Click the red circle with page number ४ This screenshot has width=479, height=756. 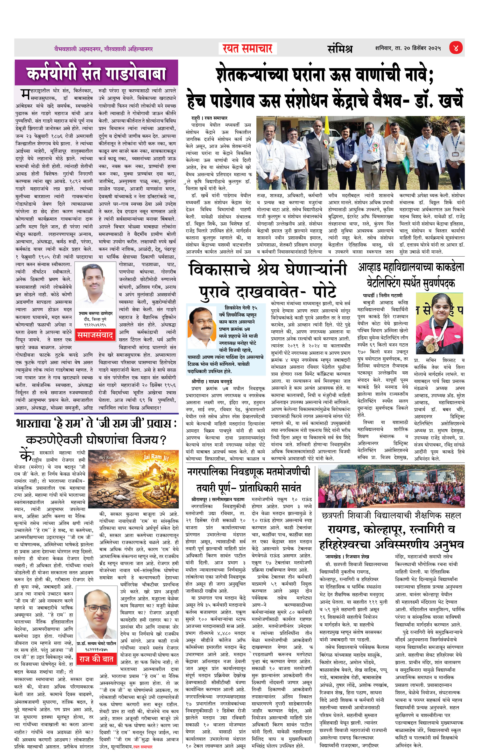point(455,48)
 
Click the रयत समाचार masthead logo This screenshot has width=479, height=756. point(247,48)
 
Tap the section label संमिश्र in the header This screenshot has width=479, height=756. point(340,49)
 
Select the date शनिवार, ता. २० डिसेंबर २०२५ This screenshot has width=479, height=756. point(408,48)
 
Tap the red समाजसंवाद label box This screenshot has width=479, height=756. point(95,335)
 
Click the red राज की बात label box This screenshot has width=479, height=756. point(96,659)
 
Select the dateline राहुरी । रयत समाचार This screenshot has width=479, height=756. point(209,118)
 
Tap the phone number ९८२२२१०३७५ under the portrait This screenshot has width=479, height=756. point(96,649)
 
